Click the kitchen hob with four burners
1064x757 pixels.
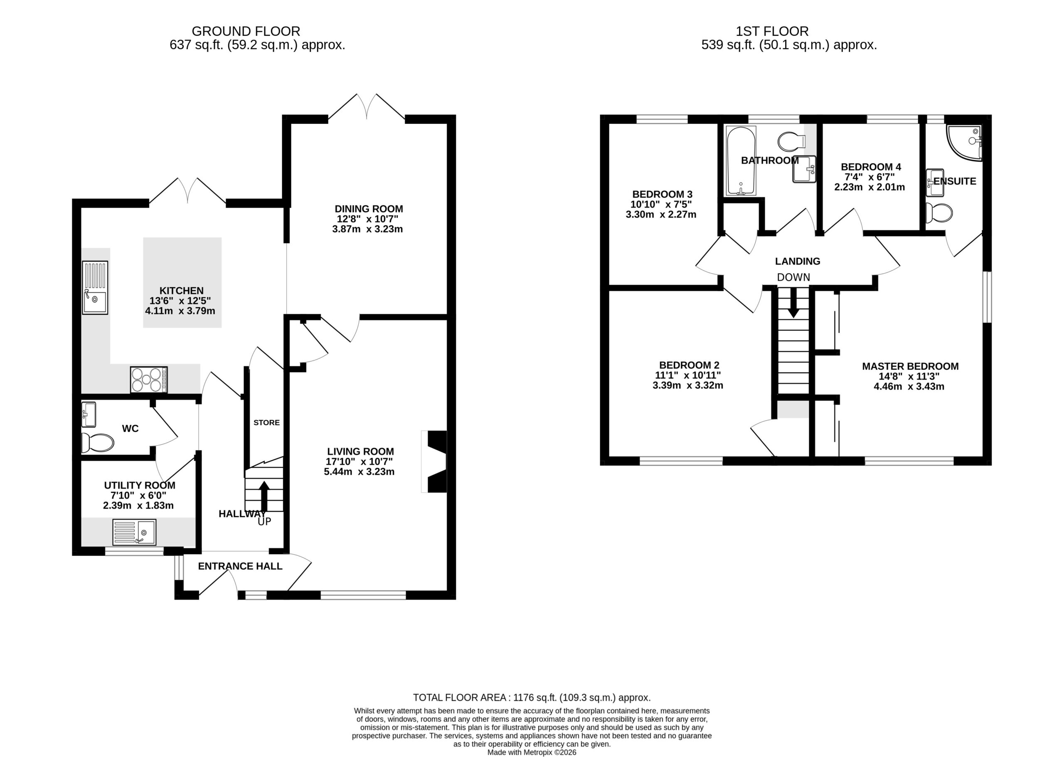[x=149, y=380]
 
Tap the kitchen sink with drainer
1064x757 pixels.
[x=95, y=288]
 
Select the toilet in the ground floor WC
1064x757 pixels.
[x=97, y=443]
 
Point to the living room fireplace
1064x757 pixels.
[x=434, y=461]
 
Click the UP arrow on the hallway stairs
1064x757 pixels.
[x=264, y=496]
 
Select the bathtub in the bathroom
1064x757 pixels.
[x=740, y=161]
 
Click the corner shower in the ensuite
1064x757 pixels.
[x=964, y=143]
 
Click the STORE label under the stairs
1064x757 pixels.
[x=266, y=422]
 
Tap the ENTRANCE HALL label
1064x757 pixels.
[x=240, y=566]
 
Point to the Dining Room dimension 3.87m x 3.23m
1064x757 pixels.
[x=369, y=229]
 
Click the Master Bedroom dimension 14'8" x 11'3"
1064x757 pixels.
[x=909, y=376]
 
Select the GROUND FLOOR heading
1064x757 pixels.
[x=246, y=31]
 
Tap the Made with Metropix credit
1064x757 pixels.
[x=532, y=752]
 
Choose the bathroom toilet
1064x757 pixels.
[x=791, y=141]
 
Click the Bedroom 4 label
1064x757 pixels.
[x=871, y=167]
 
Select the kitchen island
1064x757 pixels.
[x=182, y=283]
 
